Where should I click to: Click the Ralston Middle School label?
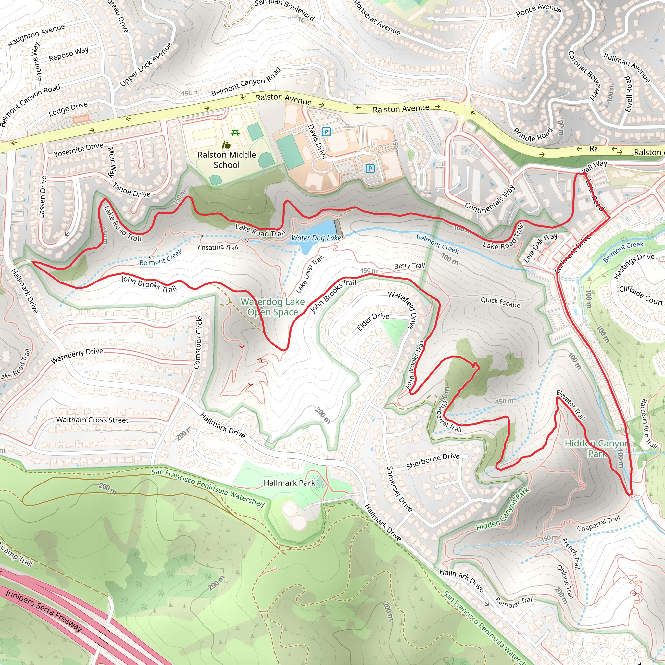pos(227,160)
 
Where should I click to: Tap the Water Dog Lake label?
pos(316,238)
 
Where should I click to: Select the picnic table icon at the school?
pos(235,132)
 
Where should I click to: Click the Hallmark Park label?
pos(289,483)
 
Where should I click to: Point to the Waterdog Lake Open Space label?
pos(273,307)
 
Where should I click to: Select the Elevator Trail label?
pos(571,405)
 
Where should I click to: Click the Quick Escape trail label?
pos(500,302)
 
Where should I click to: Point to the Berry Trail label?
pos(409,266)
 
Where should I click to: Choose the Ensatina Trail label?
pos(218,247)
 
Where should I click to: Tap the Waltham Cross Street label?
pos(92,420)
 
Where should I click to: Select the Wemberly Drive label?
pos(77,356)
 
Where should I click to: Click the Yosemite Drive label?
pos(79,150)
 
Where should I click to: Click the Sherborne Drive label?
pos(433,461)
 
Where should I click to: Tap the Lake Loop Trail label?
pos(309,274)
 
